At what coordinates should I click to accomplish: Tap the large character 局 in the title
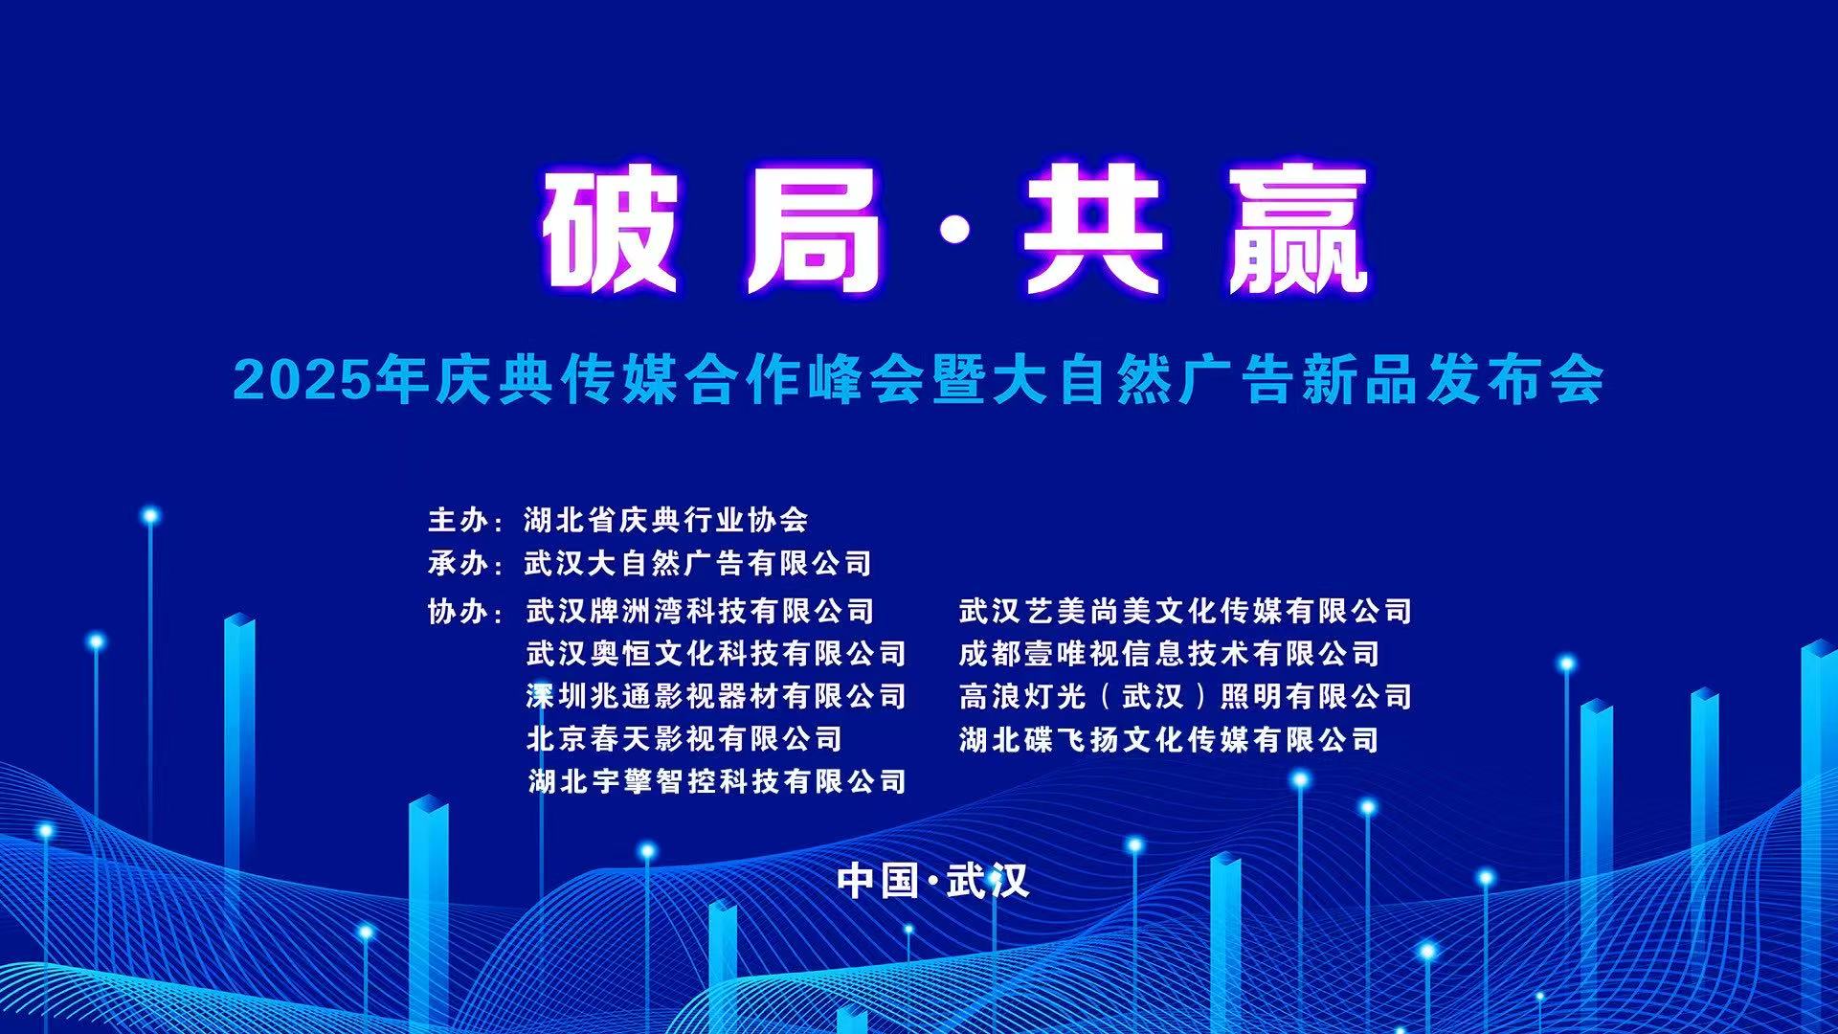(815, 230)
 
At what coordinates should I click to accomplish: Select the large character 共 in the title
(1091, 230)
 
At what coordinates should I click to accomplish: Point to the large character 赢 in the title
(1296, 230)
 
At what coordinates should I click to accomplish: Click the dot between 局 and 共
(952, 230)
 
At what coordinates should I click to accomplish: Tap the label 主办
(459, 520)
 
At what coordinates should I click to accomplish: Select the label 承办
(459, 563)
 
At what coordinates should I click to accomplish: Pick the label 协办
(459, 611)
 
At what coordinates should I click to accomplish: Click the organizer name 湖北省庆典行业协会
(666, 520)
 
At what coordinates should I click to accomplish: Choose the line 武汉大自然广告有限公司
(698, 563)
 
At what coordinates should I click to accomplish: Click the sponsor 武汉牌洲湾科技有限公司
(701, 611)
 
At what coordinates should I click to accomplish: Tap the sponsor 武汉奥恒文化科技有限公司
(716, 654)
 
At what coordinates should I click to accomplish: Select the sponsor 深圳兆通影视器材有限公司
(716, 696)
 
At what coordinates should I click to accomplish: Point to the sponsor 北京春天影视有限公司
(684, 739)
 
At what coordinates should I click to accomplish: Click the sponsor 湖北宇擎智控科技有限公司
(717, 782)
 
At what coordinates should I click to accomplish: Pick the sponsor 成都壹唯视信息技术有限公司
(1169, 654)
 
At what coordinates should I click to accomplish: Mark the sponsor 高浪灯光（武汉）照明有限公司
(1185, 696)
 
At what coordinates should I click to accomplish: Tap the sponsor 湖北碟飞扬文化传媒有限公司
(1169, 739)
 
